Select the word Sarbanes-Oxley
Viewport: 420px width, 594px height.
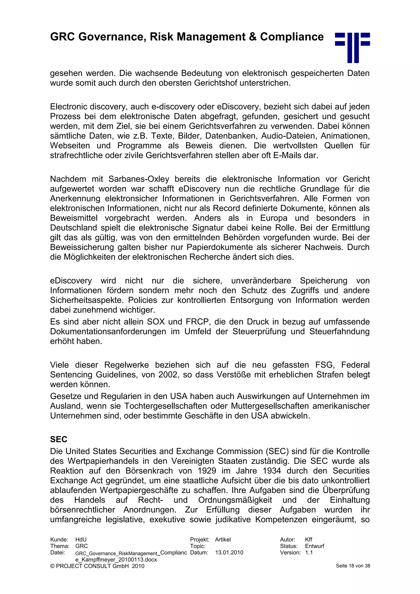[x=139, y=179]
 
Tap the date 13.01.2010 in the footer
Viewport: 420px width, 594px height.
[x=229, y=553]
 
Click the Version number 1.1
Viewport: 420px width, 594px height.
[x=309, y=553]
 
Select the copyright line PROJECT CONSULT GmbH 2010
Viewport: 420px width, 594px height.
[x=97, y=566]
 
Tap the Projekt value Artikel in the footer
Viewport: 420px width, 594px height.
[x=223, y=540]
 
